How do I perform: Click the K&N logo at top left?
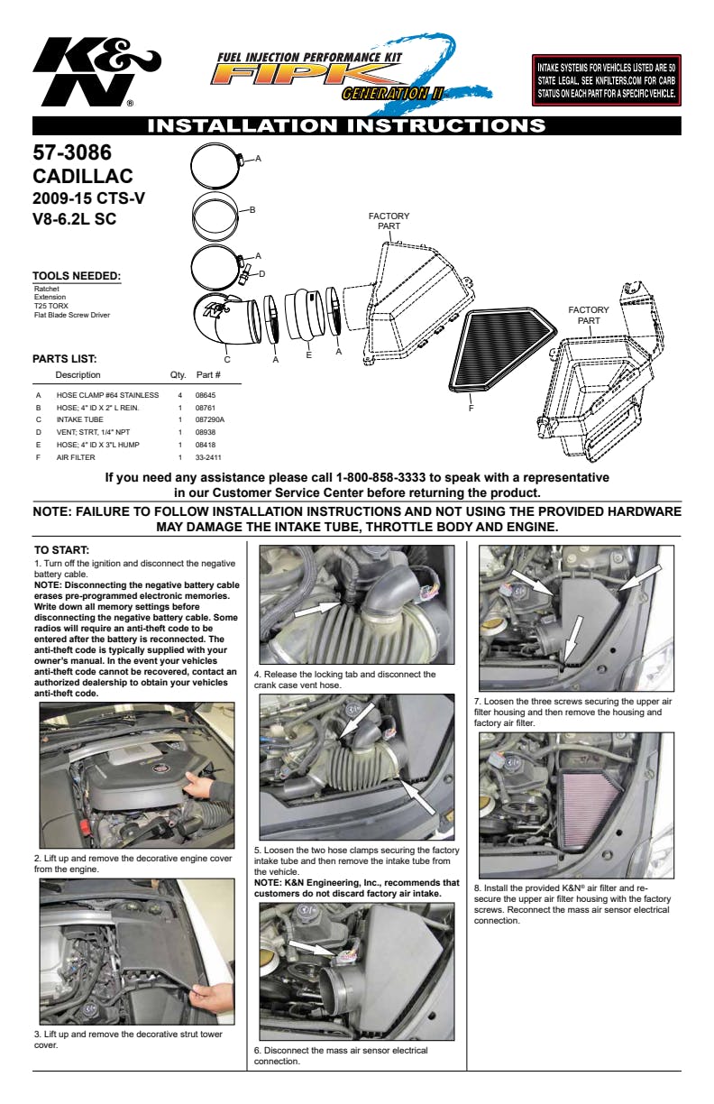click(x=96, y=72)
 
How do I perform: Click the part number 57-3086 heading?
click(x=72, y=152)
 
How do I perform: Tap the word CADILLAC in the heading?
click(x=83, y=176)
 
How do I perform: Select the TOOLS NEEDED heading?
click(x=77, y=275)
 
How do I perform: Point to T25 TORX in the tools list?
click(x=51, y=306)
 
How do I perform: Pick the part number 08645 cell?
click(x=206, y=395)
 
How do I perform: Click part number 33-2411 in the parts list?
click(x=208, y=457)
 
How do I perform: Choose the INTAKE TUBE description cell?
click(x=80, y=420)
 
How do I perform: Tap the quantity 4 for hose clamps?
click(x=180, y=395)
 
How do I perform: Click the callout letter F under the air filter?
click(x=471, y=408)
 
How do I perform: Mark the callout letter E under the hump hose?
click(x=309, y=354)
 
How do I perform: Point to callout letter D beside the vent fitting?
click(x=261, y=273)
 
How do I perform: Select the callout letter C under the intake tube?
click(x=227, y=359)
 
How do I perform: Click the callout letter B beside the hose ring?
click(x=252, y=210)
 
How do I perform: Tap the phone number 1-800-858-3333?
click(x=380, y=477)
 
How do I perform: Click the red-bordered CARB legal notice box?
click(x=606, y=80)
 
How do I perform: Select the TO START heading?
click(x=61, y=550)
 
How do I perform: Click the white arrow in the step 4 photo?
click(x=317, y=609)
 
